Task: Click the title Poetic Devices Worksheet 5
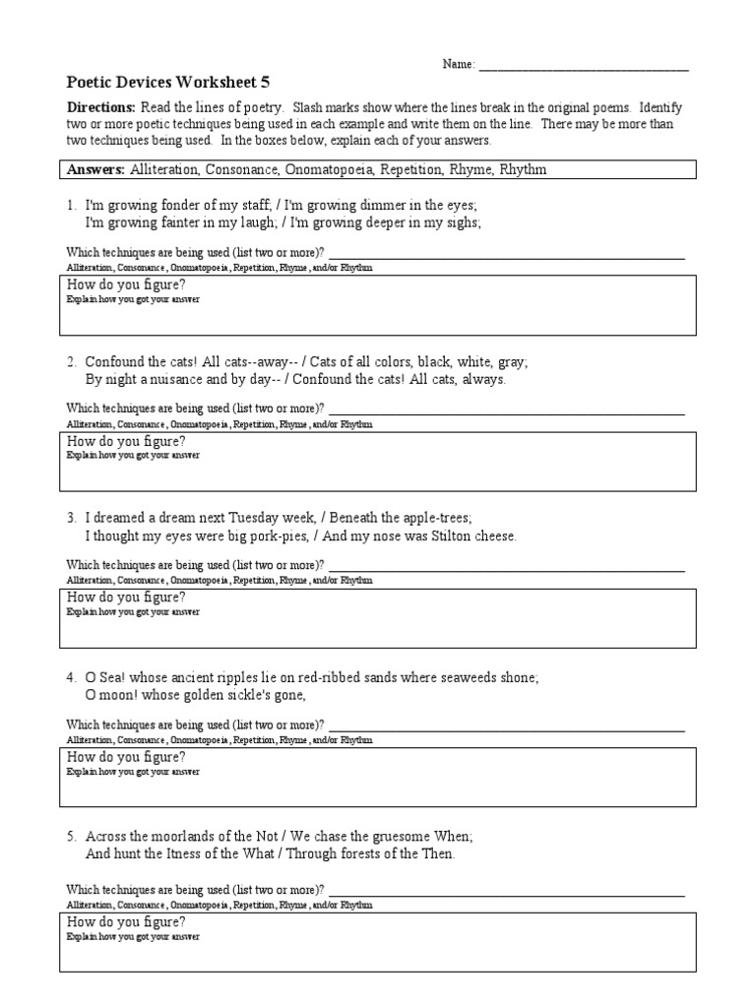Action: pyautogui.click(x=157, y=83)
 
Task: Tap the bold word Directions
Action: pyautogui.click(x=100, y=106)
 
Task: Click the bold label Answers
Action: pyautogui.click(x=95, y=169)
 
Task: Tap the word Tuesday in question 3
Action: pyautogui.click(x=255, y=518)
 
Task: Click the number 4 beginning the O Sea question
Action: pyautogui.click(x=71, y=677)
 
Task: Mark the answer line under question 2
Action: pyautogui.click(x=506, y=412)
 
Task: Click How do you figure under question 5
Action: pyautogui.click(x=125, y=922)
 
